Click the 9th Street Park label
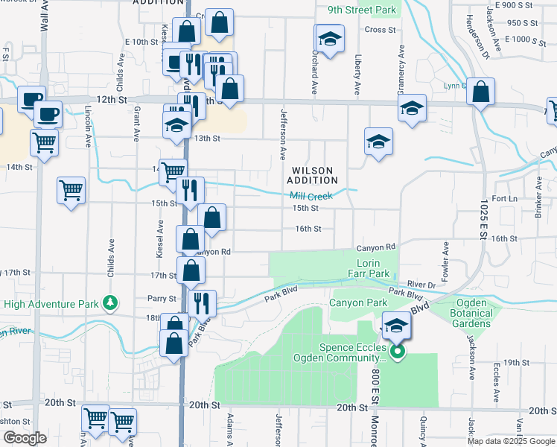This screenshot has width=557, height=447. [x=360, y=11]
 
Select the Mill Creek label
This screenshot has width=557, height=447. [x=312, y=196]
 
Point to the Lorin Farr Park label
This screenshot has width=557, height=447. [x=369, y=269]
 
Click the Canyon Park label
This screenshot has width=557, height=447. [x=359, y=303]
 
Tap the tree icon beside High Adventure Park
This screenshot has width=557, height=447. [x=110, y=302]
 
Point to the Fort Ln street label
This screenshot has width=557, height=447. [x=504, y=199]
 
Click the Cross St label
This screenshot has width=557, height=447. [x=381, y=30]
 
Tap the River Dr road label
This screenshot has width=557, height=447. [x=421, y=285]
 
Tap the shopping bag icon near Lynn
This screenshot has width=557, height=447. [x=482, y=93]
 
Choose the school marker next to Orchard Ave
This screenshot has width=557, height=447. [x=330, y=38]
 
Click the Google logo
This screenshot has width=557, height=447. [x=24, y=438]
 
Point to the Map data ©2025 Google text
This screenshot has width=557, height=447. [x=510, y=440]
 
